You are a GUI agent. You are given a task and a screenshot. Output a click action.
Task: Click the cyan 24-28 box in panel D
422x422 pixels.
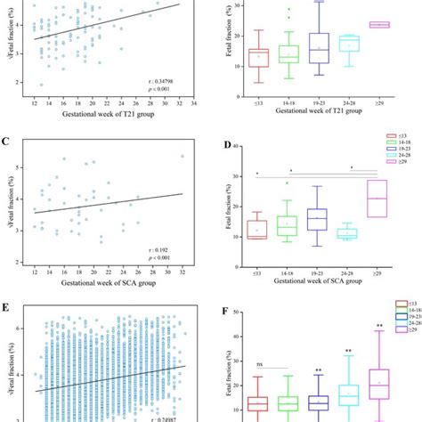[345, 233]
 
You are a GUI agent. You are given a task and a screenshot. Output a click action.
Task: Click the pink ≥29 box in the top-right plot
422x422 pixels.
[378, 25]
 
